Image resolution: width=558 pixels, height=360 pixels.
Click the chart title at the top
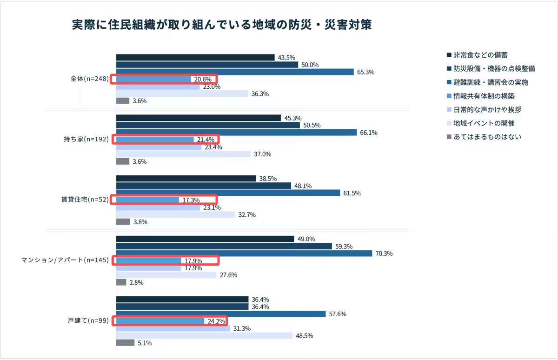[221, 25]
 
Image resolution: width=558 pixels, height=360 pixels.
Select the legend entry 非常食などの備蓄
[483, 55]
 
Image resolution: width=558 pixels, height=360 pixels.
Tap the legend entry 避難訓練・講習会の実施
[490, 82]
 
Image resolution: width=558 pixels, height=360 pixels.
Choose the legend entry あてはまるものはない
[487, 137]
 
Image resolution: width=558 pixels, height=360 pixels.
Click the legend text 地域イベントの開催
[484, 123]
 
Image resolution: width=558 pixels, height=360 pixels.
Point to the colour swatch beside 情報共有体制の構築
[449, 96]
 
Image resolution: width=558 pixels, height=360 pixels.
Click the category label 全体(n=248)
[86, 79]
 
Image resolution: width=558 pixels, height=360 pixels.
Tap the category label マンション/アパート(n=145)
[65, 260]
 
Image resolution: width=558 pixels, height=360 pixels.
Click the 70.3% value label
[384, 253]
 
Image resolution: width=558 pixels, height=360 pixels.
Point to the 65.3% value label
[365, 72]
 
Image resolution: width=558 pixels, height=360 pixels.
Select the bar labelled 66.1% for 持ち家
[236, 133]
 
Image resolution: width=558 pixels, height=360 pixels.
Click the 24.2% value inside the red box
[216, 321]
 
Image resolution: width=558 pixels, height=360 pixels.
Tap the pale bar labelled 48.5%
[204, 335]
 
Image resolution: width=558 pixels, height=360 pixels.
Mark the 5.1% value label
[145, 343]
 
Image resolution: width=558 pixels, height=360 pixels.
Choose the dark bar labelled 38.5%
[186, 179]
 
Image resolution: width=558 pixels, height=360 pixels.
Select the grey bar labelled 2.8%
[121, 282]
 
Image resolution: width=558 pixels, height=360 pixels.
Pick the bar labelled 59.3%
[224, 246]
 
